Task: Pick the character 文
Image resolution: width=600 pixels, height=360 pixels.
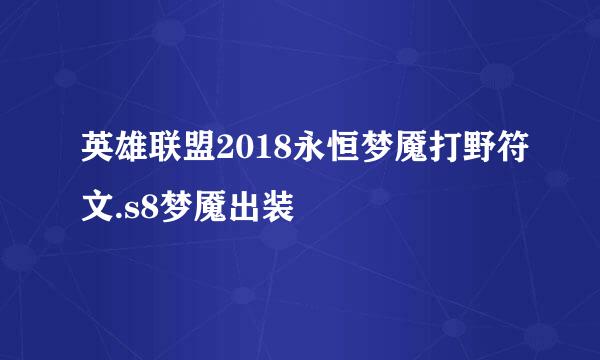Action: tap(97, 209)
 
